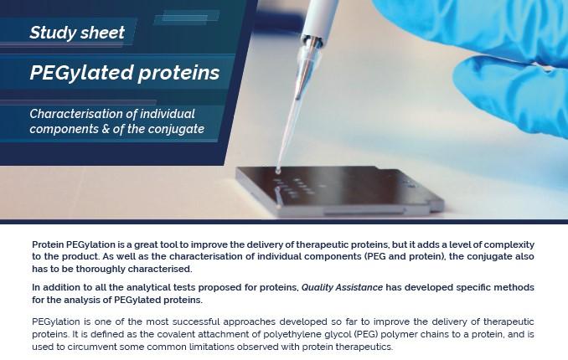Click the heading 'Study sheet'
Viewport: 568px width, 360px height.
[77, 33]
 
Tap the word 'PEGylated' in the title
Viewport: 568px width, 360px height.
[82, 73]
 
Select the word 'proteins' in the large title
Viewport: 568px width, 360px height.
[179, 73]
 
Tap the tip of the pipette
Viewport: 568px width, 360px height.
[278, 171]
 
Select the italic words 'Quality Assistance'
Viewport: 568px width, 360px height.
[342, 287]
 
